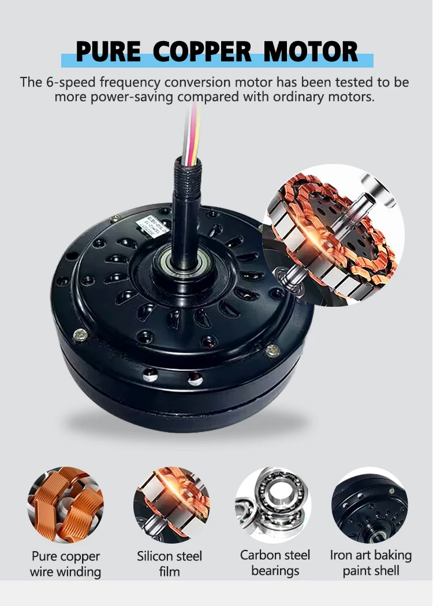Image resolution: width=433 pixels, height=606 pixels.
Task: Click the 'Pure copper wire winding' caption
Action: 65,564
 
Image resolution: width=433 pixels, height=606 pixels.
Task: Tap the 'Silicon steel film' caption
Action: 170,564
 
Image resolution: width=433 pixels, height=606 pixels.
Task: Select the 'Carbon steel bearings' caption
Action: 275,563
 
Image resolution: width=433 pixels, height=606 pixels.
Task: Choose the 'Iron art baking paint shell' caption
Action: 371,563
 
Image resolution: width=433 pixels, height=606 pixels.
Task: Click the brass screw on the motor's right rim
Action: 272,349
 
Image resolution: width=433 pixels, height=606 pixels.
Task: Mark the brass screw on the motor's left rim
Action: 80,333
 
